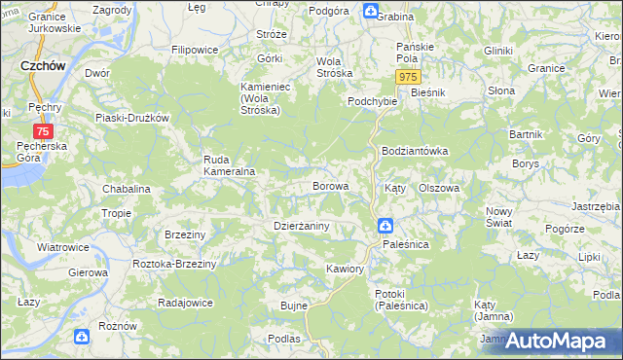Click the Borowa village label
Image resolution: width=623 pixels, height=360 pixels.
[329, 185]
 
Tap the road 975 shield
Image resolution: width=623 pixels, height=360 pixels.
[409, 77]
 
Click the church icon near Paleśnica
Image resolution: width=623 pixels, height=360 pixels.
[385, 227]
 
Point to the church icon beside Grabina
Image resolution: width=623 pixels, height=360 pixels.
[371, 12]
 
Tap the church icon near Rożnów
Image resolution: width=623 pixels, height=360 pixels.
[82, 338]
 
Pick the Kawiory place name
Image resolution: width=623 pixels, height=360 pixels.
[345, 268]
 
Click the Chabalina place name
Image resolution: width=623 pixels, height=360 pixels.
[126, 189]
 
